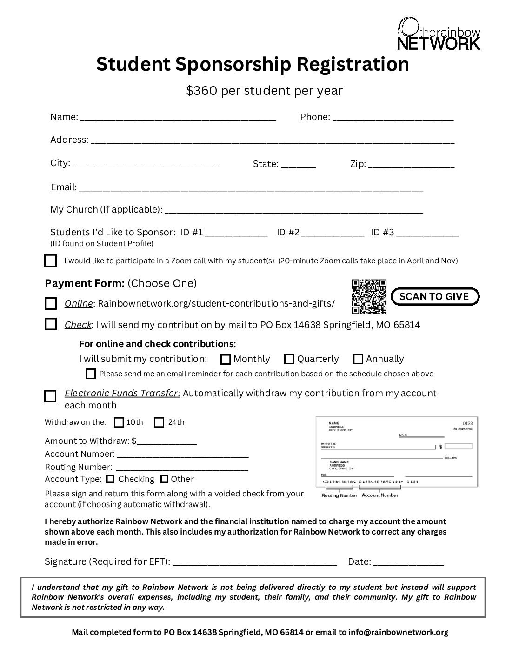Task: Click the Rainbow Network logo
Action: click(x=439, y=33)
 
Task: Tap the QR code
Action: click(x=369, y=296)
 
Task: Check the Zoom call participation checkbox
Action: click(x=50, y=261)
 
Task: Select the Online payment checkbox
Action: click(x=50, y=304)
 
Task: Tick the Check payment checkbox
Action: click(x=50, y=324)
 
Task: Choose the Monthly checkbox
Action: click(x=226, y=359)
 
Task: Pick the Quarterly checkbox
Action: click(x=289, y=359)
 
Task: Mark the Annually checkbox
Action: click(x=358, y=359)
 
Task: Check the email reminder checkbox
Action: click(x=91, y=374)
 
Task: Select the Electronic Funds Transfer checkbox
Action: click(x=50, y=396)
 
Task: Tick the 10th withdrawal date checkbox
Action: click(x=119, y=422)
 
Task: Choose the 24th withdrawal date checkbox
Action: click(x=159, y=422)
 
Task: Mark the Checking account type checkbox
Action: click(x=110, y=479)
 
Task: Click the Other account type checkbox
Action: click(x=164, y=479)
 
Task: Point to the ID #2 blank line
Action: click(x=333, y=234)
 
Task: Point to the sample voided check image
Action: click(x=397, y=452)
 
